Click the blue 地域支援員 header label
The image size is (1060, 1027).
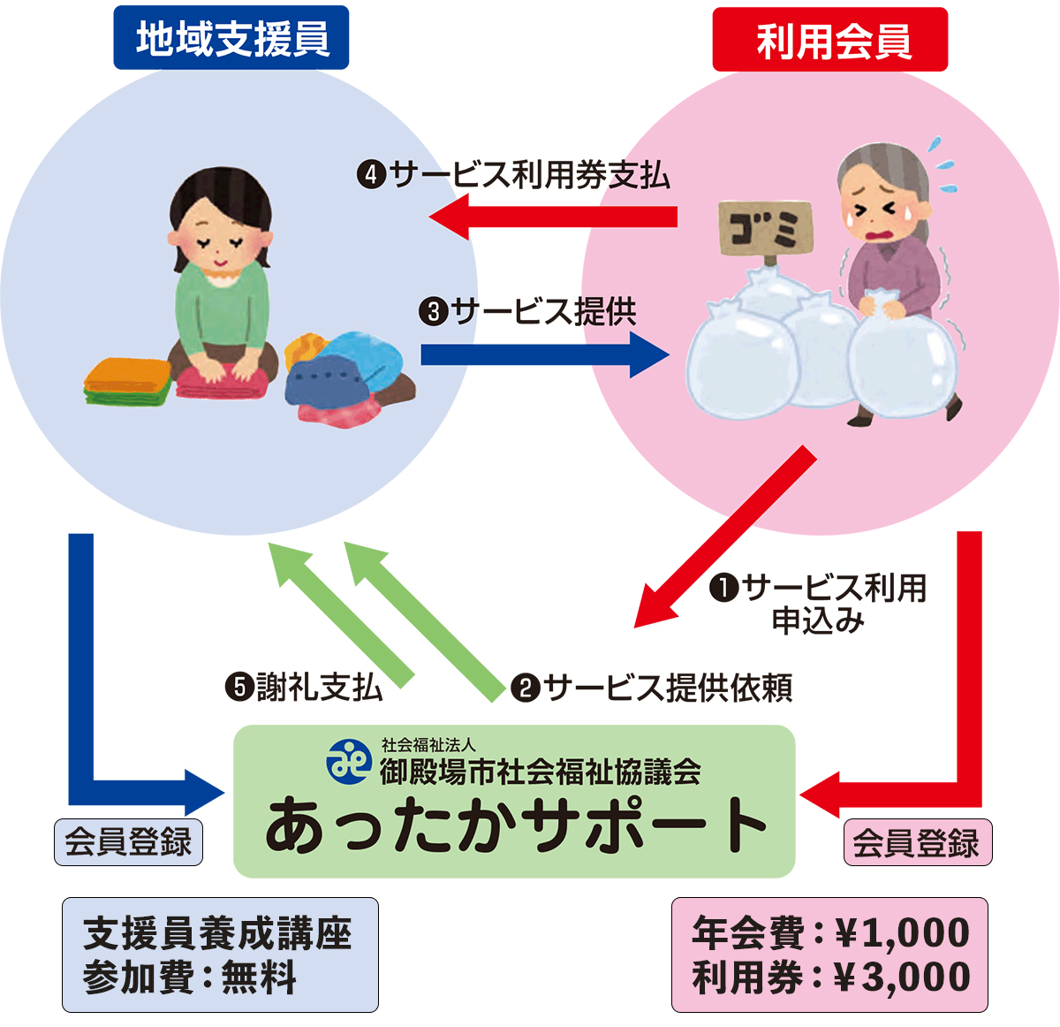[231, 38]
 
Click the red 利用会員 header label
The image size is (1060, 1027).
[829, 40]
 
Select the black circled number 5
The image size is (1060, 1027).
[239, 687]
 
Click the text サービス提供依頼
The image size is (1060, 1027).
[668, 688]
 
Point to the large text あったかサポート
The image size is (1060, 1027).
[515, 827]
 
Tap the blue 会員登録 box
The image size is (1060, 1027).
[128, 841]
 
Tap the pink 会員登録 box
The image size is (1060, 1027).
[917, 842]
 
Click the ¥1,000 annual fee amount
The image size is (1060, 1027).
[902, 933]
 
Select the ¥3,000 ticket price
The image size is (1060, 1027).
[902, 978]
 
